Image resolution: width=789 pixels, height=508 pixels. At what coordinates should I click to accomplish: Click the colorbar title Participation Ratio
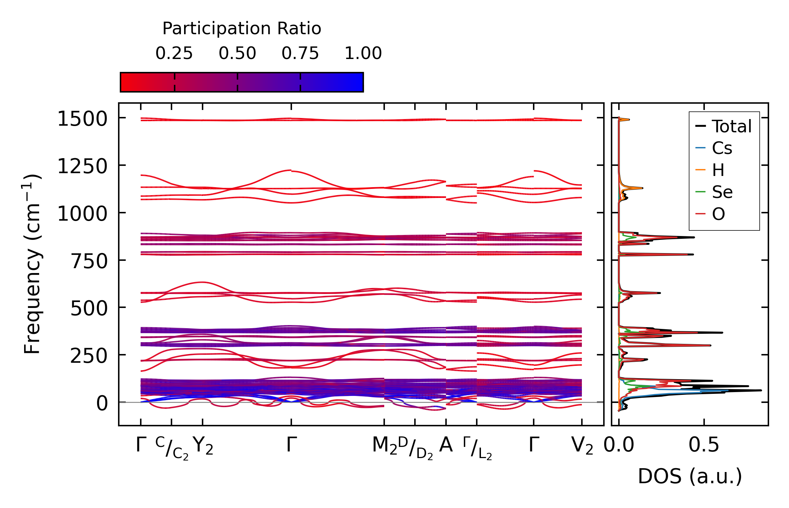click(x=242, y=29)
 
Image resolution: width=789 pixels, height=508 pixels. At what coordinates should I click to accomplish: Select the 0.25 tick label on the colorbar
click(x=174, y=53)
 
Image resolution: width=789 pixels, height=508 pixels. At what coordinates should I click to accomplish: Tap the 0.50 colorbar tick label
click(x=237, y=53)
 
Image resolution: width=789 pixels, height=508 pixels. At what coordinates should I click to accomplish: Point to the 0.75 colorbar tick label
click(x=300, y=53)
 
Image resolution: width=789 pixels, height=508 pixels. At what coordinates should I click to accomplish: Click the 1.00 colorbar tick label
click(x=363, y=53)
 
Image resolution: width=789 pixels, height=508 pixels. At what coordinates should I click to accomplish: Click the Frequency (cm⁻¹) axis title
click(x=32, y=264)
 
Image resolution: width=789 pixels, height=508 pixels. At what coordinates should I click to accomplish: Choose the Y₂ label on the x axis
click(x=203, y=446)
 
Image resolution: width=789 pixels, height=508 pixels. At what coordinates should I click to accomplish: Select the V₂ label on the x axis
click(x=582, y=446)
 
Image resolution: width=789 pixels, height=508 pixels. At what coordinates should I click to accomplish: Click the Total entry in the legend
click(x=731, y=126)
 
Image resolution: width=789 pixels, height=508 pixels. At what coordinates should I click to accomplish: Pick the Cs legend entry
click(x=722, y=148)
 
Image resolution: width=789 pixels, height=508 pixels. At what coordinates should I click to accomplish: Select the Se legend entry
click(x=722, y=192)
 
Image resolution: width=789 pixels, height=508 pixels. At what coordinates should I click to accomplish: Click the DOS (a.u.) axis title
click(x=690, y=477)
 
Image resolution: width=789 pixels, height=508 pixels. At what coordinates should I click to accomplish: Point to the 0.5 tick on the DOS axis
click(x=704, y=446)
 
